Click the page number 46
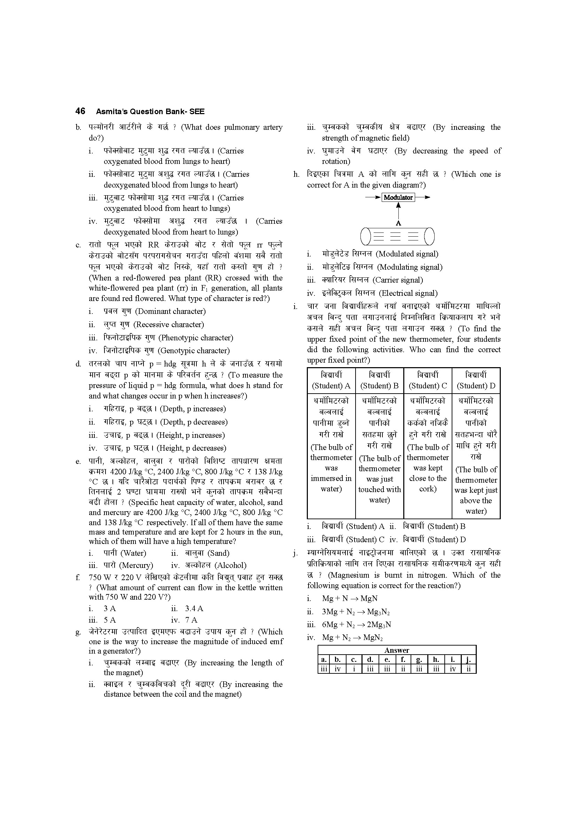[80, 111]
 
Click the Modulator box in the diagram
[398, 197]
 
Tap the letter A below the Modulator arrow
[398, 223]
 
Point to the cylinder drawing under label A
[397, 236]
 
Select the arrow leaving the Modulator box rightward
[422, 197]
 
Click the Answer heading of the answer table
[397, 650]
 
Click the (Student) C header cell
[428, 380]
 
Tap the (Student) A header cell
[331, 380]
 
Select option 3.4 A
[194, 608]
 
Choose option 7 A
[191, 620]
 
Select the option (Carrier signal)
[398, 280]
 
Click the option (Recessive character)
[169, 324]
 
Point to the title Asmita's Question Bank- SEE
[150, 111]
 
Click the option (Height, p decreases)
[191, 448]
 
